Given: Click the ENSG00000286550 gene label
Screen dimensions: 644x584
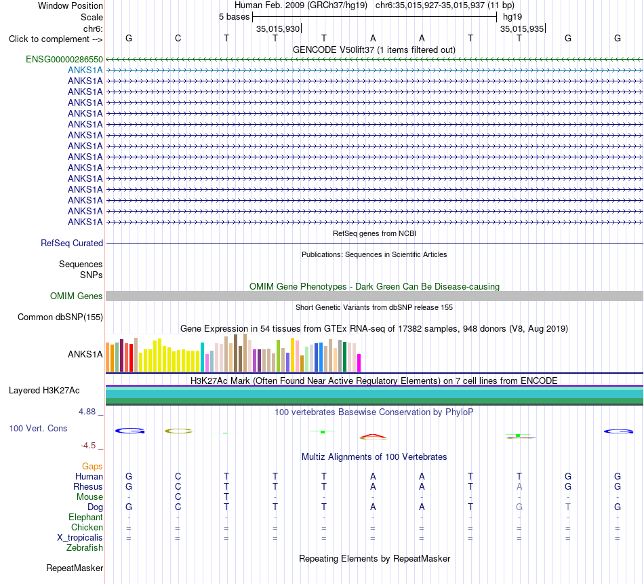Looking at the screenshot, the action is [64, 60].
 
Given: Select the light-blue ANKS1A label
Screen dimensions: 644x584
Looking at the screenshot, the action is [85, 71].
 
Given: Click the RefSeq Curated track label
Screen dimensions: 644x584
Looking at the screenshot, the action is [72, 244].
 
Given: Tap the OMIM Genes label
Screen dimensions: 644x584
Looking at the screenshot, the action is [77, 296].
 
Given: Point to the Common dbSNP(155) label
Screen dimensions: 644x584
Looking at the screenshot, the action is [60, 317].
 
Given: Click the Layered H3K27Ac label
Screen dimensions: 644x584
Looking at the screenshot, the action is [44, 391].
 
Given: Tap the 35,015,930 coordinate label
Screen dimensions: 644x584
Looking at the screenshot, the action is [278, 28].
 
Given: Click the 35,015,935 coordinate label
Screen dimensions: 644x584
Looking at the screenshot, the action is [521, 28].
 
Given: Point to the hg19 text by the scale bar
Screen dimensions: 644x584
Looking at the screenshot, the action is [512, 17].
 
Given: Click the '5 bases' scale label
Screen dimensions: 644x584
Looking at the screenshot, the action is [234, 17].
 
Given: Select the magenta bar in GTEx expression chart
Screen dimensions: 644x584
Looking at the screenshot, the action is [359, 363].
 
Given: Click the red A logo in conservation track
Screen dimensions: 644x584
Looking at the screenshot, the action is [373, 435].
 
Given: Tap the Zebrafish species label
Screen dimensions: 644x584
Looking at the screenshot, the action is [85, 548].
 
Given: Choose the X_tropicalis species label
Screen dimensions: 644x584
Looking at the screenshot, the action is [80, 538].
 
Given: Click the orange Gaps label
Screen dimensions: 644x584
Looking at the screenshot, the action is [92, 466].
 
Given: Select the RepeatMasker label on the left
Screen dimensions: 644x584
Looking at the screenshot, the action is [75, 568].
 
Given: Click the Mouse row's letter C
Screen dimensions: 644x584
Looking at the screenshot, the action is [178, 497].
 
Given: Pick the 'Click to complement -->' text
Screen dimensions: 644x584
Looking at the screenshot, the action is [56, 39].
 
